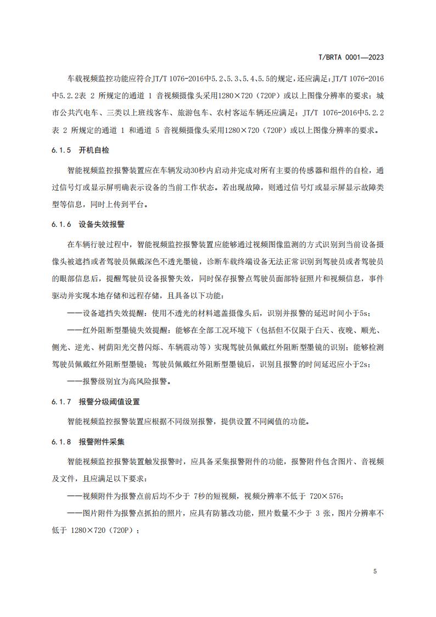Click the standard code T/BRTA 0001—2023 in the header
[351, 57]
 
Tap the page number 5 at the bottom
[374, 571]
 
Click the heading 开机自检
[94, 150]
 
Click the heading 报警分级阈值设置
[109, 402]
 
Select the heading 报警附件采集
[102, 441]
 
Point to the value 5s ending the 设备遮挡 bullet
[364, 313]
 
